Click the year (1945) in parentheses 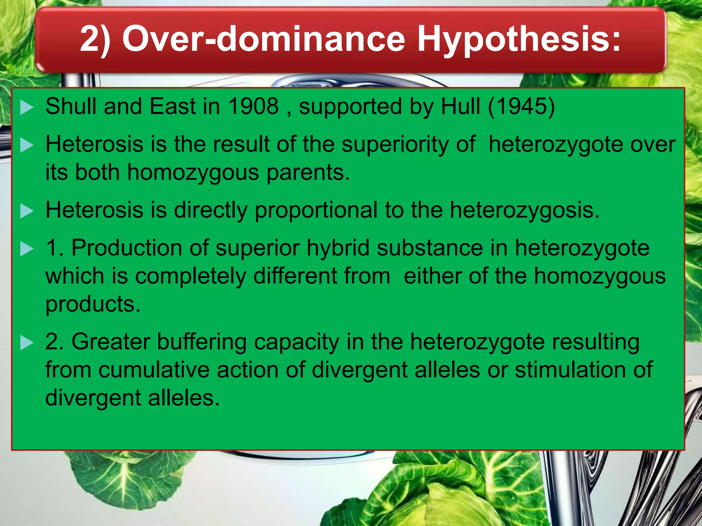521,107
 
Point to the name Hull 460,106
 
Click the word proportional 316,210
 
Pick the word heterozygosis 524,210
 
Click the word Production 126,248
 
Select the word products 93,304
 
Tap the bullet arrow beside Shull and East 27,108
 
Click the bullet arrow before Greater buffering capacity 27,343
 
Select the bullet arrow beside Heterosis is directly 27,211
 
